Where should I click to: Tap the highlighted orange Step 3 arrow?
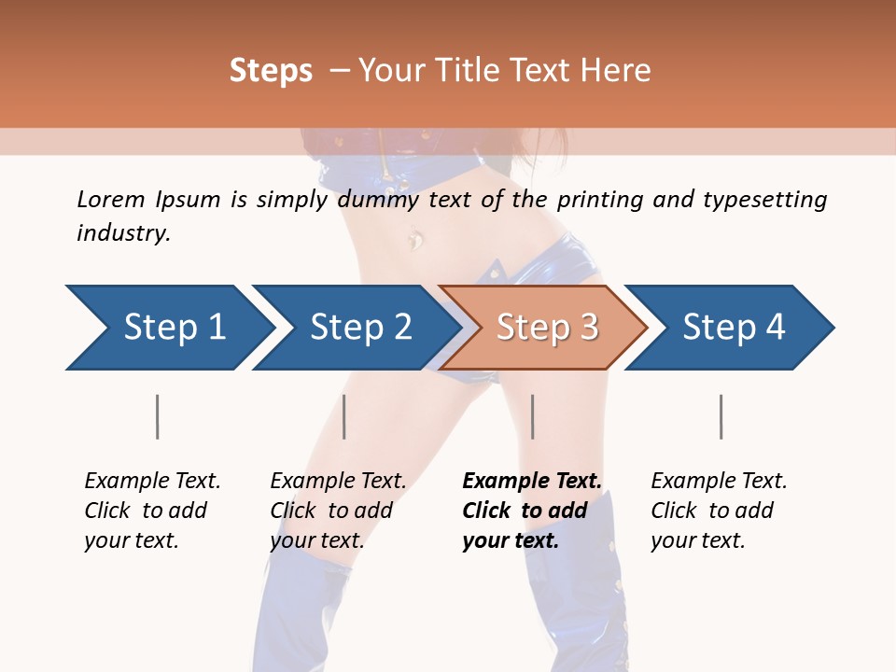pyautogui.click(x=547, y=328)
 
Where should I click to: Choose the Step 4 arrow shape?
pyautogui.click(x=734, y=328)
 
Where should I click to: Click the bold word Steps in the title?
pyautogui.click(x=271, y=71)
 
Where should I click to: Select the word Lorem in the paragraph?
pyautogui.click(x=111, y=199)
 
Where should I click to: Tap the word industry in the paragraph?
pyautogui.click(x=123, y=232)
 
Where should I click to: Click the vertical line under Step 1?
pyautogui.click(x=158, y=416)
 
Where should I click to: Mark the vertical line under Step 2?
pyautogui.click(x=344, y=416)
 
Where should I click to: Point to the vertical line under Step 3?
pyautogui.click(x=533, y=416)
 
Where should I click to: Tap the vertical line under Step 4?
pyautogui.click(x=721, y=416)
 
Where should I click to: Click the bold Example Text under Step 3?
pyautogui.click(x=532, y=481)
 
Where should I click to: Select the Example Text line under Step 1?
pyautogui.click(x=152, y=481)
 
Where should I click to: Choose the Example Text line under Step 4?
pyautogui.click(x=719, y=481)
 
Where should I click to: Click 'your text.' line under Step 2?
pyautogui.click(x=317, y=540)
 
